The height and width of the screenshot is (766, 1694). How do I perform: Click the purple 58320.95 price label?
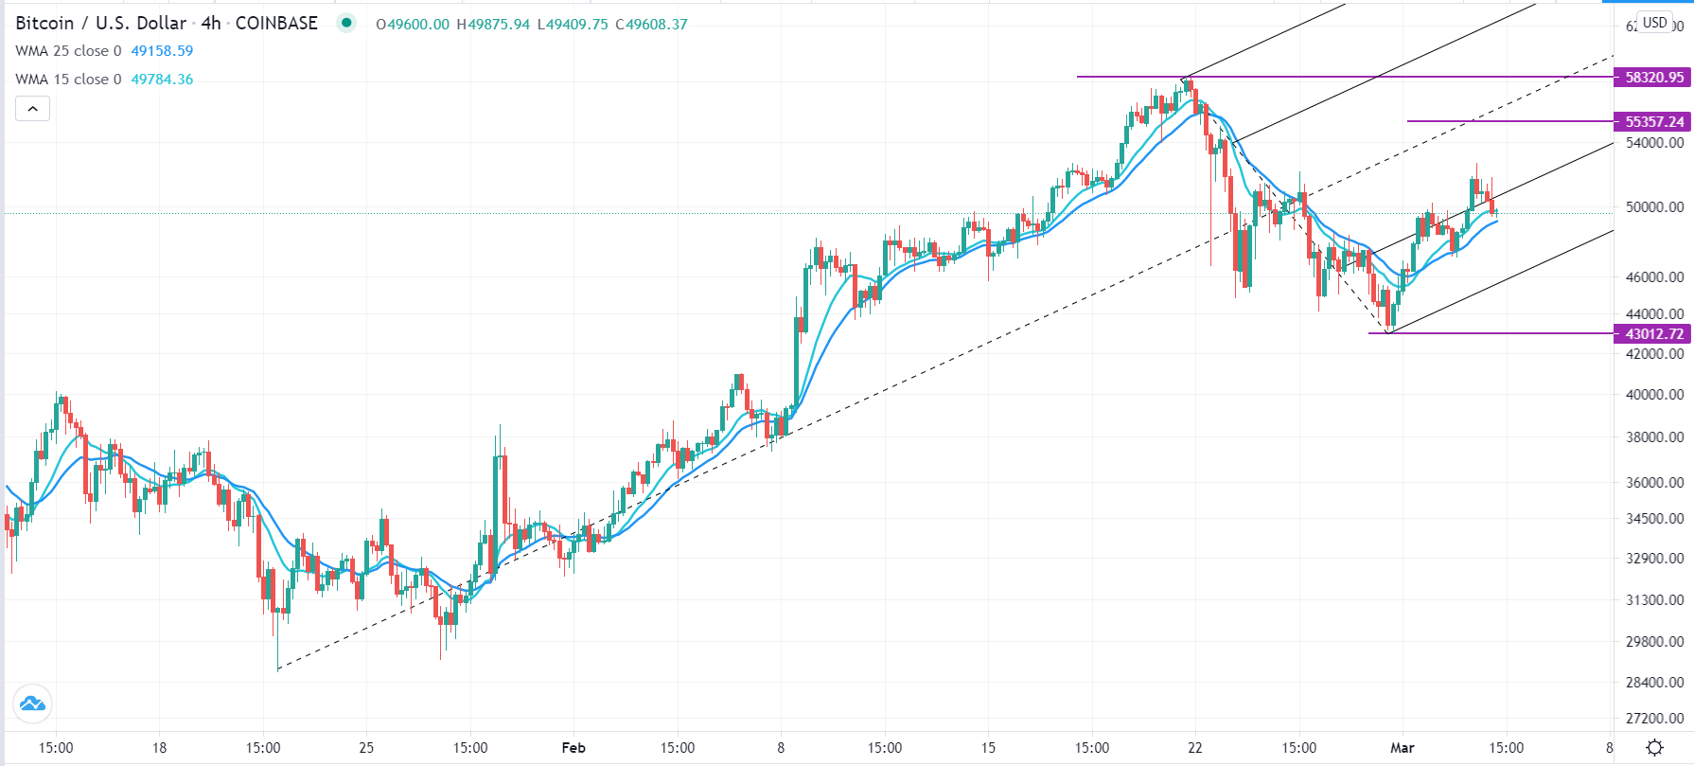point(1653,78)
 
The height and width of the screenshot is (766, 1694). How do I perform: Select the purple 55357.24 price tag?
point(1653,122)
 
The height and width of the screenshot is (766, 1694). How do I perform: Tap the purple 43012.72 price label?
point(1653,334)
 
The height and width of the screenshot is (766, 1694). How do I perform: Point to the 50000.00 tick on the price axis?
point(1654,206)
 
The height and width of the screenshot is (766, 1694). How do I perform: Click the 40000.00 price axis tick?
point(1654,394)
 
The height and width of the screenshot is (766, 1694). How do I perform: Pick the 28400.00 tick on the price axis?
point(1654,682)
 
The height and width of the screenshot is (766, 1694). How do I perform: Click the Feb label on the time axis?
point(573,748)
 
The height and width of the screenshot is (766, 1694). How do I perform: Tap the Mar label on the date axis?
point(1403,748)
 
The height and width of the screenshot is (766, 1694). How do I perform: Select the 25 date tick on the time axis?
point(366,748)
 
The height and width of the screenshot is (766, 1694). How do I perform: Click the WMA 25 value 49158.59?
point(162,51)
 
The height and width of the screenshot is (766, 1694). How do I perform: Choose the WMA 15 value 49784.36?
point(162,80)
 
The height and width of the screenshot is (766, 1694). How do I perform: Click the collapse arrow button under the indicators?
point(32,109)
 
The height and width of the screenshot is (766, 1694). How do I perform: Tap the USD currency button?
point(1655,23)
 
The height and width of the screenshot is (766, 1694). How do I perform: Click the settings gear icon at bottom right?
point(1654,748)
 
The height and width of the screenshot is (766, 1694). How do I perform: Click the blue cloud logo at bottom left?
point(32,704)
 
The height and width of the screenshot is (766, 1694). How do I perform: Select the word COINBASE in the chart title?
point(276,24)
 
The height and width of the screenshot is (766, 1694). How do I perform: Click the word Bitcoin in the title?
point(44,24)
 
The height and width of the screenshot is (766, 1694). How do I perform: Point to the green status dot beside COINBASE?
point(347,24)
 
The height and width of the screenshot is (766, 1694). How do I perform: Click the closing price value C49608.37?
point(652,25)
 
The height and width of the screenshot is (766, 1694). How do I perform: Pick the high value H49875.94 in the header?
point(493,25)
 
